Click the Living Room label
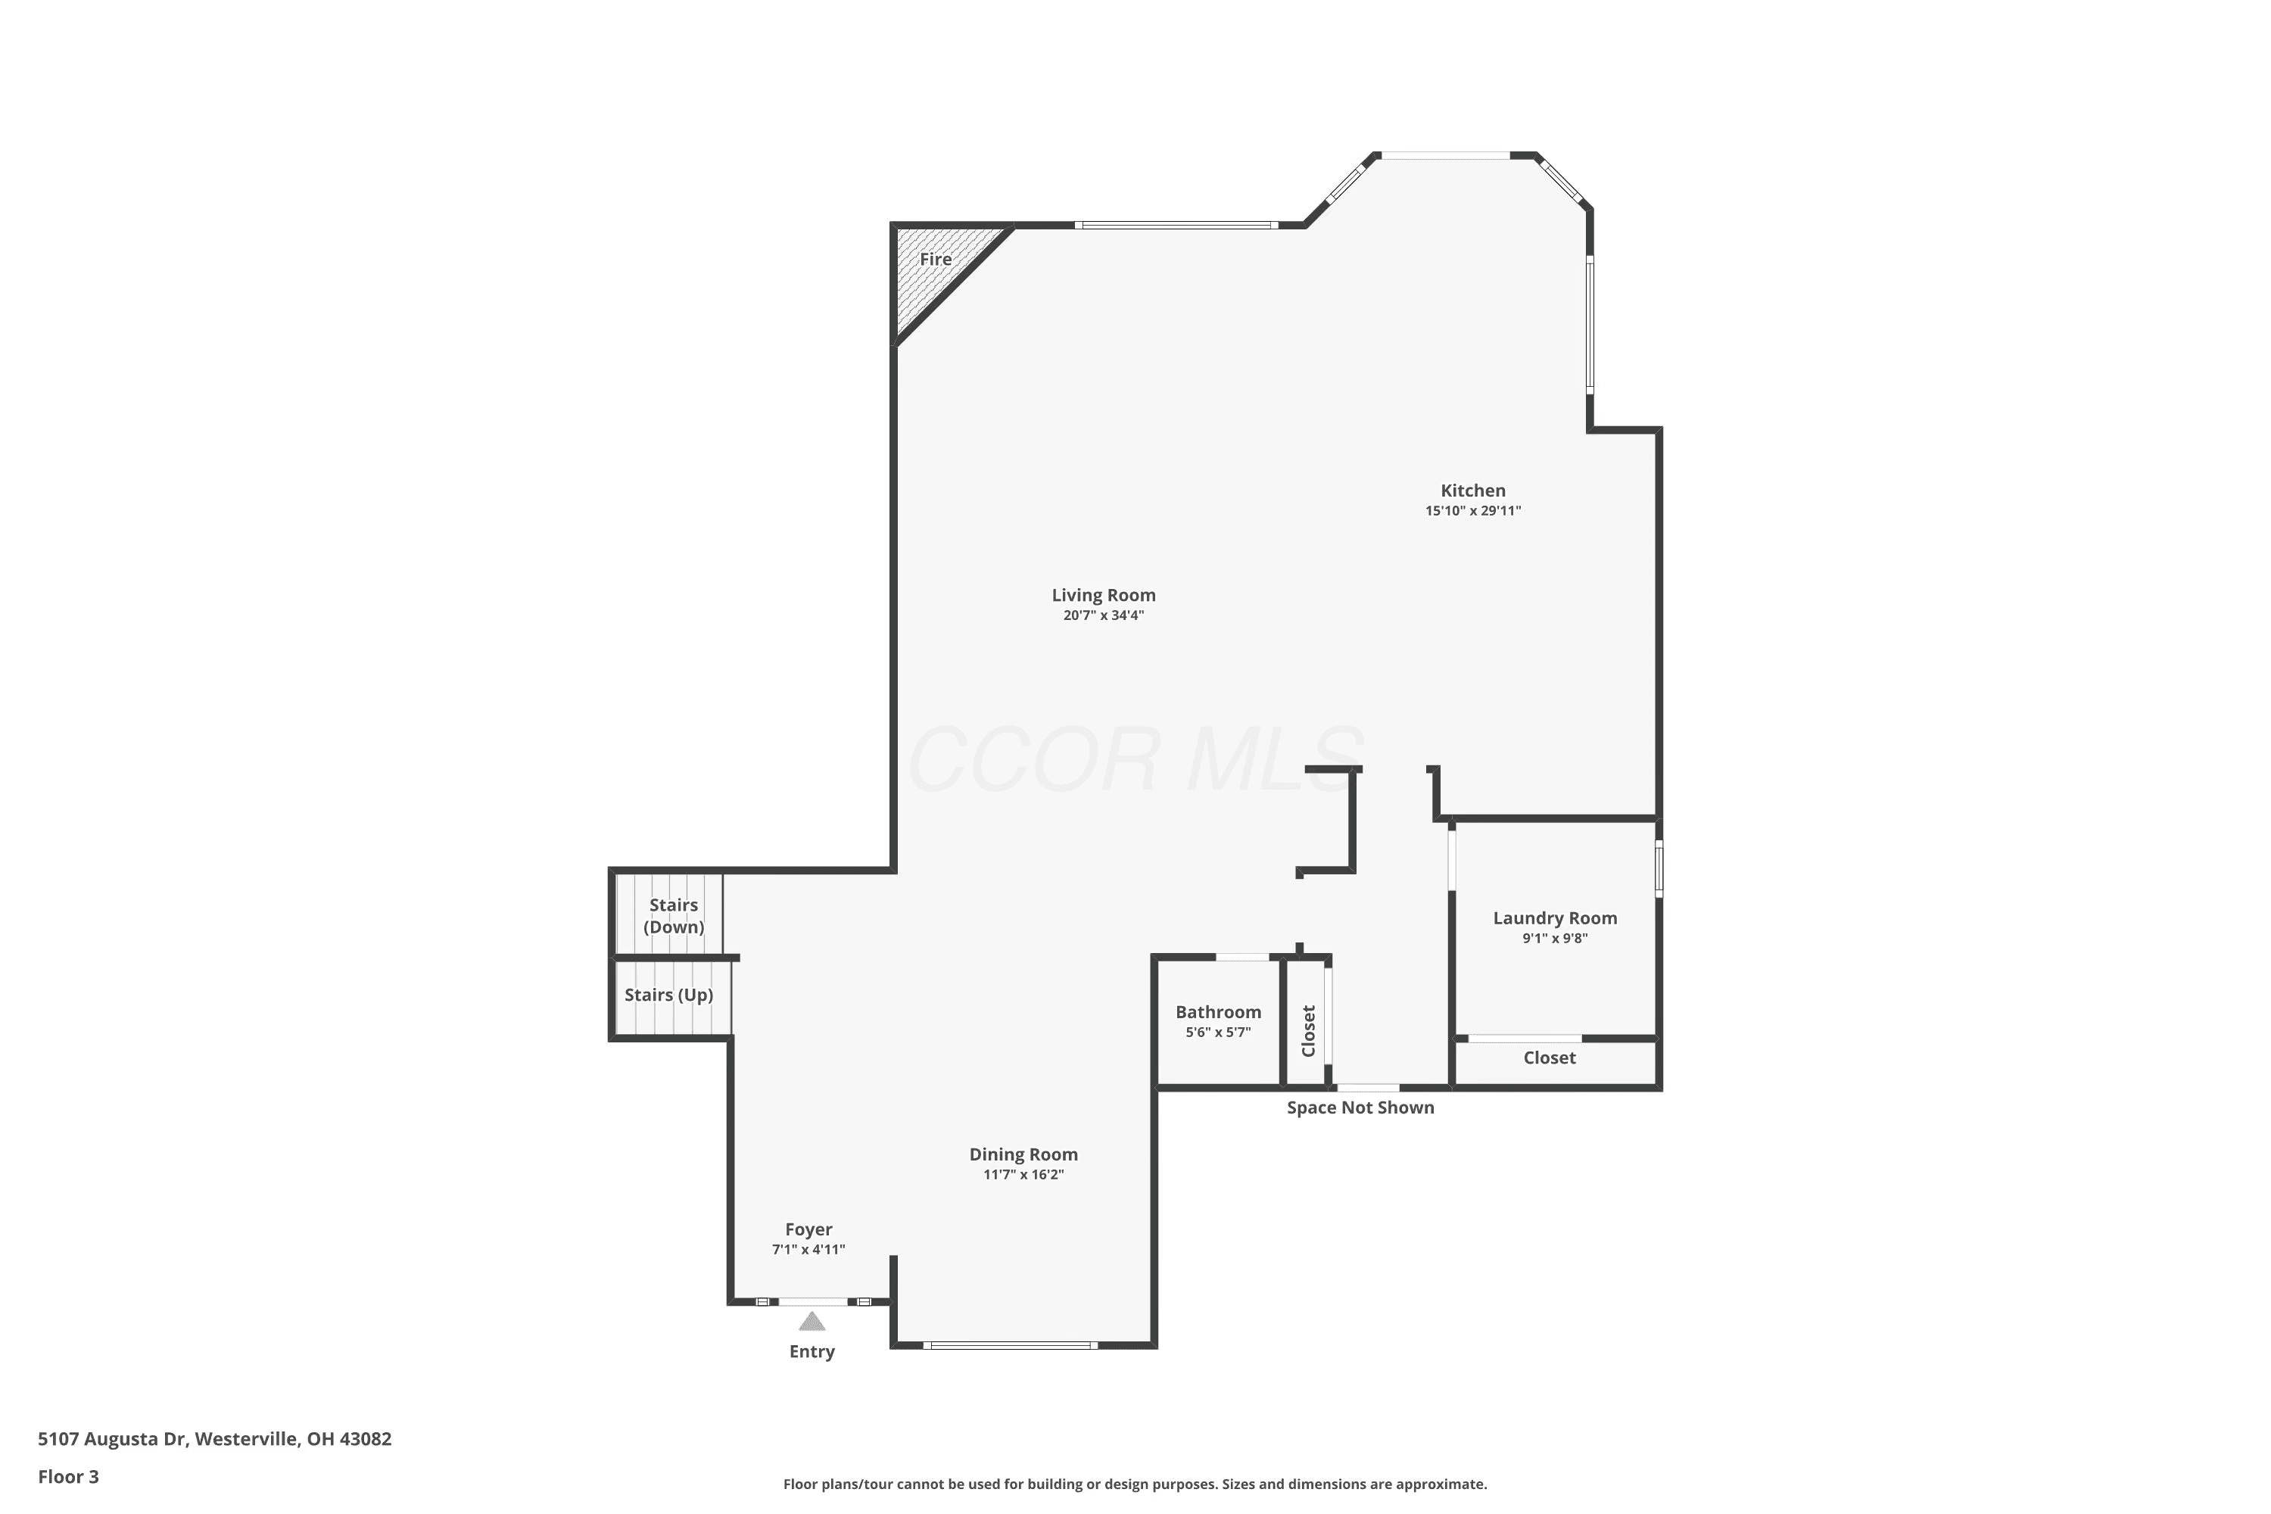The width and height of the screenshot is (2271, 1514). [x=1103, y=595]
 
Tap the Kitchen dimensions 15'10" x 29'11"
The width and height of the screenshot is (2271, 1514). [x=1472, y=511]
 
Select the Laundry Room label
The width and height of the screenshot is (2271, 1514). [x=1555, y=918]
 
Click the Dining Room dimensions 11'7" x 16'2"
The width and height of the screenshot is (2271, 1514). [x=1023, y=1174]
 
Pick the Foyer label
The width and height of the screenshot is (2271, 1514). [x=808, y=1229]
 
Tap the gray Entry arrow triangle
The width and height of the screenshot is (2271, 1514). [x=812, y=1321]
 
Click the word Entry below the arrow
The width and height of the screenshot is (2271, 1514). [x=812, y=1352]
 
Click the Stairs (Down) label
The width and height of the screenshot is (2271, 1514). [x=673, y=915]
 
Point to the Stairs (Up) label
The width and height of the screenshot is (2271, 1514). [x=668, y=995]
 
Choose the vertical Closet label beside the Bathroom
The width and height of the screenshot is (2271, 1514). [x=1308, y=1031]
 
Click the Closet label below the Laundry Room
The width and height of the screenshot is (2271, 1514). [x=1549, y=1058]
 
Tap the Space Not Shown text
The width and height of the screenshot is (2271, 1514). [x=1360, y=1107]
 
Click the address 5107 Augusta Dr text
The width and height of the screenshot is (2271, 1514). [x=111, y=1439]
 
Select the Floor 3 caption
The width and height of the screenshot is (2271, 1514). [x=69, y=1476]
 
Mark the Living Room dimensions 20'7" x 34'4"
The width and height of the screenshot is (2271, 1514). [x=1103, y=615]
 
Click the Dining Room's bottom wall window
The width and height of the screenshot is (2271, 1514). [x=1010, y=1345]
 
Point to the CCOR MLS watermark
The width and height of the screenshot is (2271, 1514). [x=1135, y=759]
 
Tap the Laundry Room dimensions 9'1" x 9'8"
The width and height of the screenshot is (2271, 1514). [x=1555, y=938]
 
